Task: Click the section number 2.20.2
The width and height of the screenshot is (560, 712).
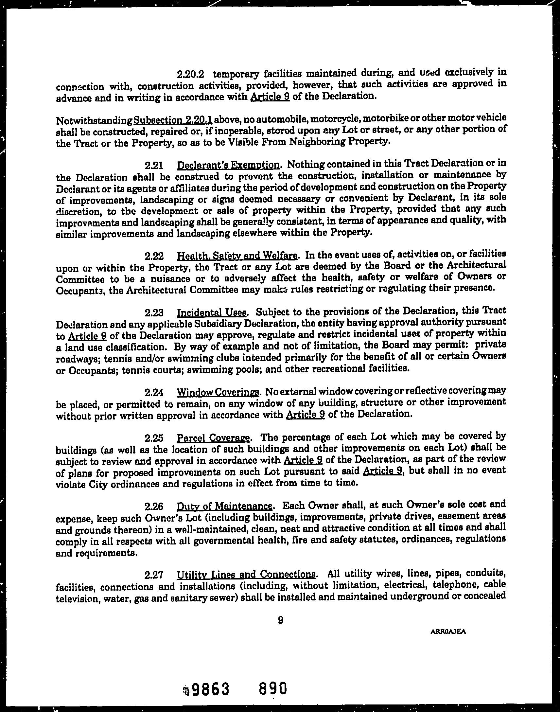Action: click(x=190, y=75)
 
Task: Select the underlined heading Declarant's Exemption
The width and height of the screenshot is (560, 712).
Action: click(x=228, y=165)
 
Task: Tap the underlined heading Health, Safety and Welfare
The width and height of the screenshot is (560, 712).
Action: click(x=237, y=256)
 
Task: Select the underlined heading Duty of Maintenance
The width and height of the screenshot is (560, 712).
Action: click(x=225, y=507)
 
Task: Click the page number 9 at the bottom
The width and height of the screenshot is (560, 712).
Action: click(x=280, y=620)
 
